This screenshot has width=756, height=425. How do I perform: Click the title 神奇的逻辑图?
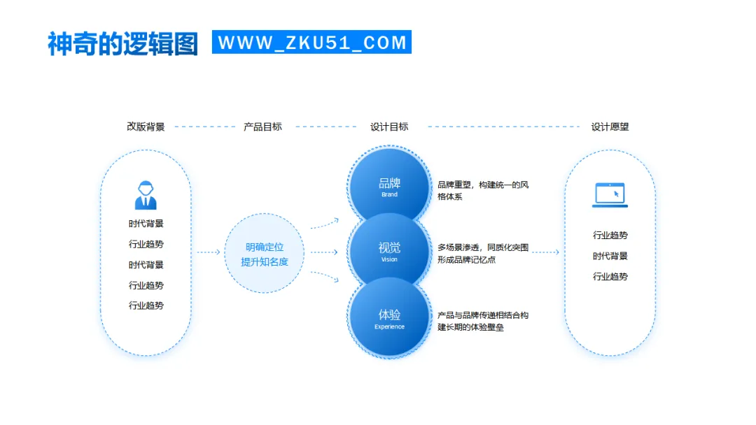pyautogui.click(x=122, y=43)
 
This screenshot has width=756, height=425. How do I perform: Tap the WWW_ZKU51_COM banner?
pyautogui.click(x=311, y=42)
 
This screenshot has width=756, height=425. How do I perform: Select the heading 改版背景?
pyautogui.click(x=146, y=127)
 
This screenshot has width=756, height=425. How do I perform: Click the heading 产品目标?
pyautogui.click(x=262, y=127)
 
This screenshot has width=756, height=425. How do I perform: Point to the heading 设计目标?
pyautogui.click(x=389, y=127)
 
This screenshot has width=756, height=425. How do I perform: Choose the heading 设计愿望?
pyautogui.click(x=610, y=127)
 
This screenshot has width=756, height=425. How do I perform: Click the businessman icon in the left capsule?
pyautogui.click(x=146, y=195)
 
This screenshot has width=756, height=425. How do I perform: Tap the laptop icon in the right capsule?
pyautogui.click(x=610, y=194)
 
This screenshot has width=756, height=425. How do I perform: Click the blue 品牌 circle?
pyautogui.click(x=389, y=186)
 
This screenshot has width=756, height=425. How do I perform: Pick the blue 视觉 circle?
pyautogui.click(x=389, y=250)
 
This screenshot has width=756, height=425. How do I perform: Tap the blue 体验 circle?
pyautogui.click(x=389, y=317)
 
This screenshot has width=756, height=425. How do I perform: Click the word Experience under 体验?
pyautogui.click(x=389, y=327)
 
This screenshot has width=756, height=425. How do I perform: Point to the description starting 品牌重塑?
pyautogui.click(x=483, y=191)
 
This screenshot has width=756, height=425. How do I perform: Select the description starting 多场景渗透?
pyautogui.click(x=483, y=254)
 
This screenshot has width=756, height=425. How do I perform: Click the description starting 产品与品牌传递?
pyautogui.click(x=483, y=322)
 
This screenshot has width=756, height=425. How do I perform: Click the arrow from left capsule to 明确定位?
pyautogui.click(x=208, y=252)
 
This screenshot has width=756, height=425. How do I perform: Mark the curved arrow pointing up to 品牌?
pyautogui.click(x=325, y=223)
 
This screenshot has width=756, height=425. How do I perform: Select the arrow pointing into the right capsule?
pyautogui.click(x=545, y=252)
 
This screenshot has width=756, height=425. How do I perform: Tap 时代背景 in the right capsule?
pyautogui.click(x=610, y=256)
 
